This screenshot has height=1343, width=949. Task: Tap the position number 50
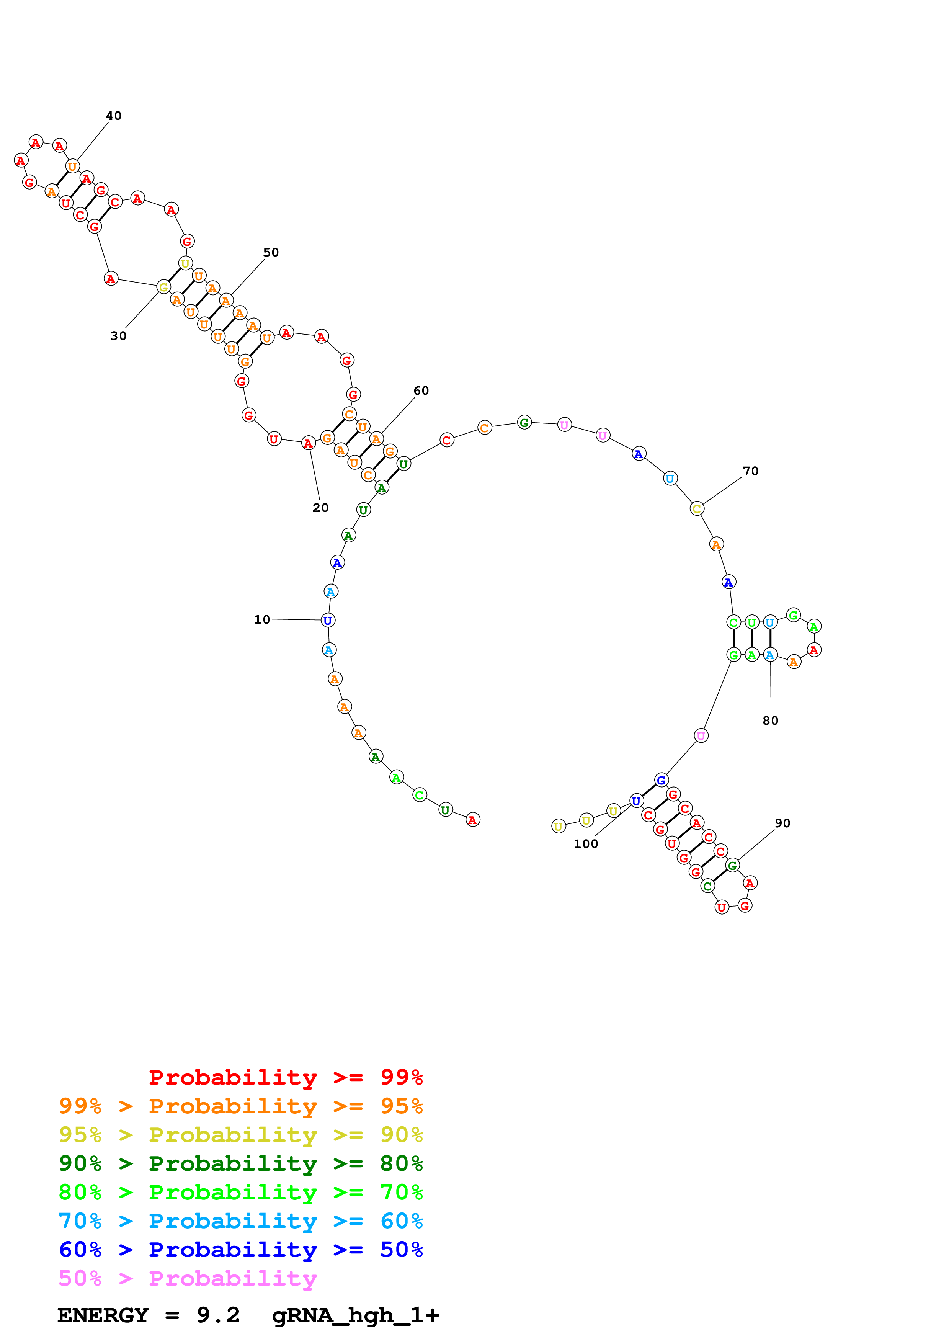[271, 253]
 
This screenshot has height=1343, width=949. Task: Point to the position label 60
[421, 391]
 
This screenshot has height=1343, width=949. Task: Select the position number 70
[750, 471]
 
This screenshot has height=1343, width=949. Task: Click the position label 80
[770, 721]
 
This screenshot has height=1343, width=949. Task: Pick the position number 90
[782, 823]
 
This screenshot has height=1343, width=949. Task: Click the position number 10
[262, 619]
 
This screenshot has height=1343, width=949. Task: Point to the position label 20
[320, 508]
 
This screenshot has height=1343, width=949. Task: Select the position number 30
[118, 336]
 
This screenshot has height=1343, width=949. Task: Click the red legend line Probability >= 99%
[285, 1077]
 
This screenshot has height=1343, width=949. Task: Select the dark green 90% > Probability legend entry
[240, 1163]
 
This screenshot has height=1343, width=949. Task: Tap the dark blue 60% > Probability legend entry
[240, 1250]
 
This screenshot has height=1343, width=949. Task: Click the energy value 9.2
[218, 1315]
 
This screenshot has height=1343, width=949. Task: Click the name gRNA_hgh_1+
[356, 1315]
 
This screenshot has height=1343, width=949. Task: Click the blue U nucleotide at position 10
[328, 620]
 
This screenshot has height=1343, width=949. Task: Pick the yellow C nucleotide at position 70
[696, 509]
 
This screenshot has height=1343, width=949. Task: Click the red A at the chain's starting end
[472, 820]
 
